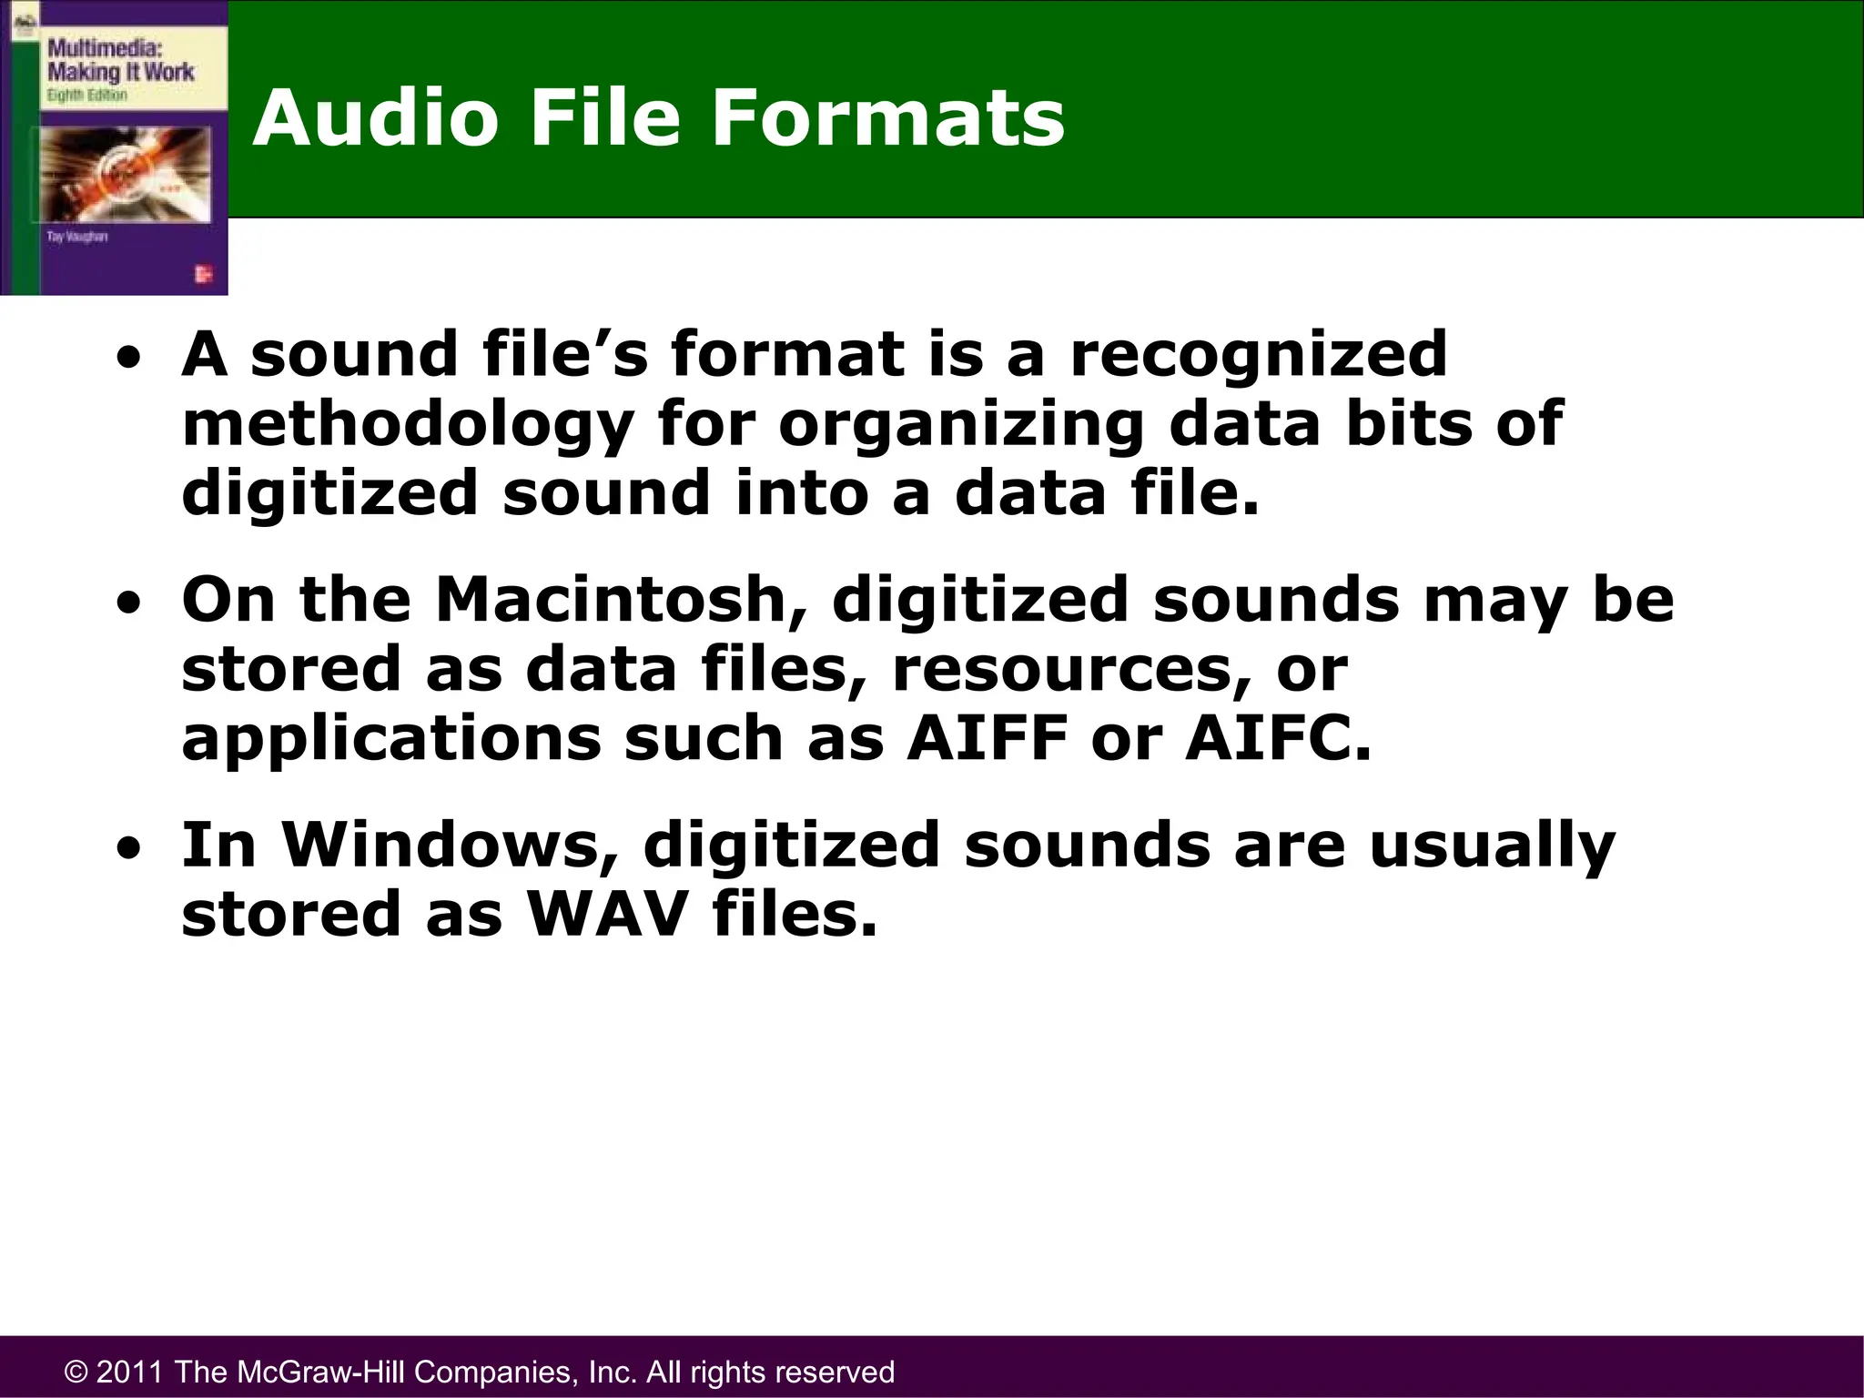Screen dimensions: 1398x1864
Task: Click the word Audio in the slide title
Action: pyautogui.click(x=375, y=118)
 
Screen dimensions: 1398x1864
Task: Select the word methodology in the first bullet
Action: pyautogui.click(x=408, y=425)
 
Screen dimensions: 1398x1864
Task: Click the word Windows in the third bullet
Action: pyautogui.click(x=450, y=845)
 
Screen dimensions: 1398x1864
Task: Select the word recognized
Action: pyautogui.click(x=1258, y=355)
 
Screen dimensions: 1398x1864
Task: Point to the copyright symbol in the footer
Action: pyautogui.click(x=76, y=1372)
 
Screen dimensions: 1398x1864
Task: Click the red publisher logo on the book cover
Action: pyautogui.click(x=203, y=275)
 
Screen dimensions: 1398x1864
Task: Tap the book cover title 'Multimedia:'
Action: pyautogui.click(x=105, y=48)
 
